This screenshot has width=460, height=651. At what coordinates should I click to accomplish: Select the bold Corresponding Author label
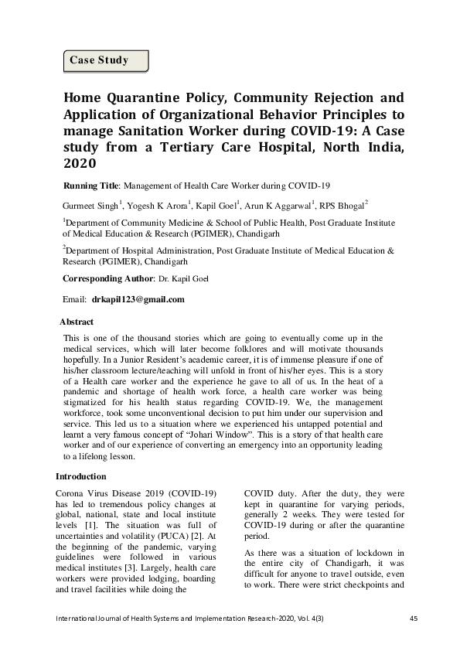(x=107, y=277)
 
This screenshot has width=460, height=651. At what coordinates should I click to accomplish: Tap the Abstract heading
(x=77, y=322)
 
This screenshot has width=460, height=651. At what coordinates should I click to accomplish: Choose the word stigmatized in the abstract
(x=89, y=403)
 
